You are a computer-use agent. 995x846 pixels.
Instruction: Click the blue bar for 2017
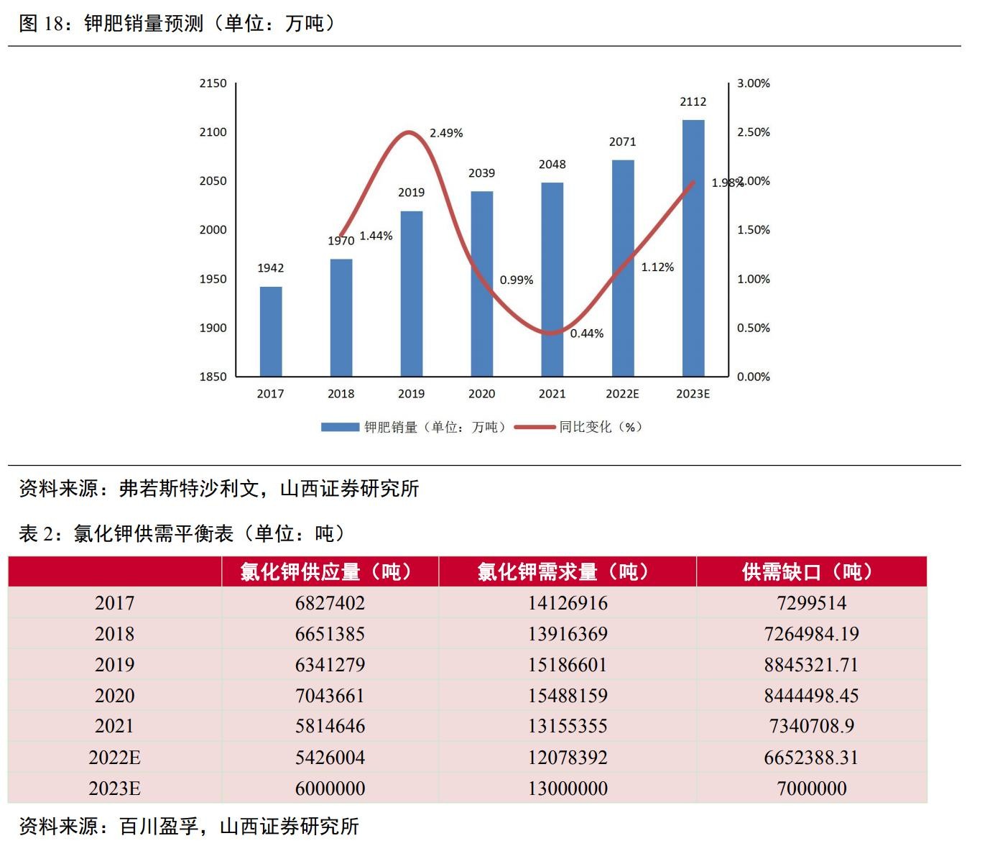(x=271, y=331)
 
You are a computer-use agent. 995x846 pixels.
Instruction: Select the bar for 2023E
(x=693, y=248)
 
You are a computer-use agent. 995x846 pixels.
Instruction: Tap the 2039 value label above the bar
(x=481, y=173)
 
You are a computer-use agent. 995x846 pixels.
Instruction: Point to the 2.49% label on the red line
(x=446, y=133)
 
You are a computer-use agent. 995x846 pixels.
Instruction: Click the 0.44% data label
(x=587, y=334)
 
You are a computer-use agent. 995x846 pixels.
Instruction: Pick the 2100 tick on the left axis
(x=213, y=132)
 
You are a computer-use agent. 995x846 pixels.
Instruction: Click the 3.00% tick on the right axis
(x=753, y=83)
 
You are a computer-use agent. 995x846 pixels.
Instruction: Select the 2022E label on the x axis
(x=622, y=394)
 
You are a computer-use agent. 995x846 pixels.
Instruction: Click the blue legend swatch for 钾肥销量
(x=339, y=427)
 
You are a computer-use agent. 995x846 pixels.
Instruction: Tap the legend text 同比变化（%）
(x=601, y=427)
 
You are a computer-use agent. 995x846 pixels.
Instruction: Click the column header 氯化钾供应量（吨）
(x=330, y=572)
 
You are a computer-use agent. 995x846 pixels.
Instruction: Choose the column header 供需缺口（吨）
(x=811, y=572)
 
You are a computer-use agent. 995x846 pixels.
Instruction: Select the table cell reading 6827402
(x=330, y=603)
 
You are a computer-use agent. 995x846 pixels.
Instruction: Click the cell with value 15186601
(x=568, y=665)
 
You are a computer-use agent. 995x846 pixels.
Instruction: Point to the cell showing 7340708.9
(x=811, y=726)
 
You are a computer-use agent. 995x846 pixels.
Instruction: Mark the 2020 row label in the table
(x=114, y=696)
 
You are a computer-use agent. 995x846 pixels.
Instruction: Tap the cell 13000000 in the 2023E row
(x=568, y=788)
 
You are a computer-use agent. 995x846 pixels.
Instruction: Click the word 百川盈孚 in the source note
(x=159, y=827)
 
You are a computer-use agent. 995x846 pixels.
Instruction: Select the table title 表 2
(x=183, y=533)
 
